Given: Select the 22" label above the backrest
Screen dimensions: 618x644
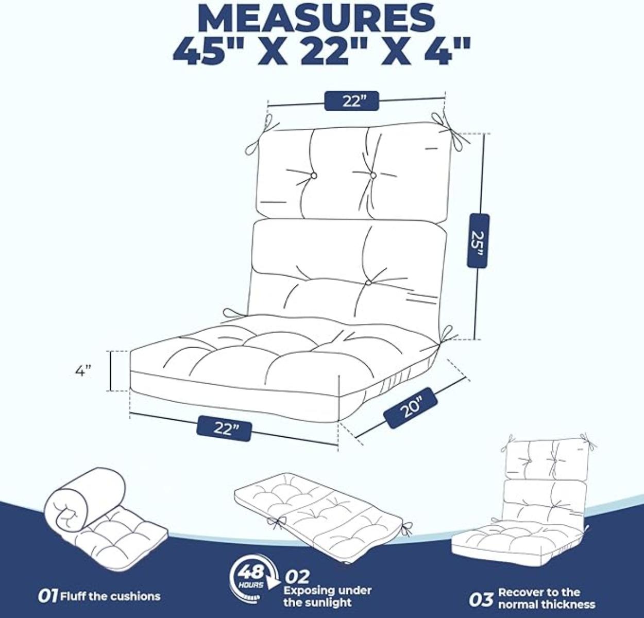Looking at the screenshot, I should [351, 101].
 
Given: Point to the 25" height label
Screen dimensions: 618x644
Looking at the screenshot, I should [478, 241].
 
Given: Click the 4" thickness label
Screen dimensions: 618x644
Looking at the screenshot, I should [83, 370].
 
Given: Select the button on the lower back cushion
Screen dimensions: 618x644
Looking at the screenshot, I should [369, 283].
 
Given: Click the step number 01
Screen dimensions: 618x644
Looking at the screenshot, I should [47, 596].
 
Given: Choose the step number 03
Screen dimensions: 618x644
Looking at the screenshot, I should [481, 599].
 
